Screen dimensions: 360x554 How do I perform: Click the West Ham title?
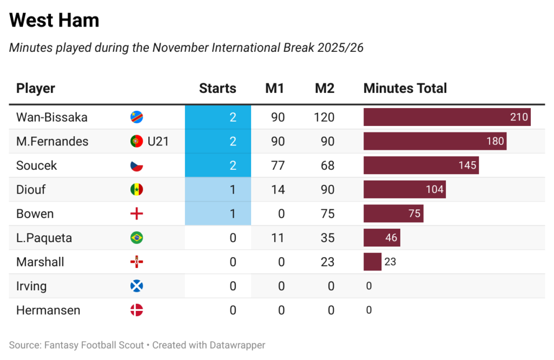(54, 21)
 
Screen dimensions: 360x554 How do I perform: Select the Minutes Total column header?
(405, 89)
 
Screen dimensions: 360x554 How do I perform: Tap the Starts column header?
(217, 89)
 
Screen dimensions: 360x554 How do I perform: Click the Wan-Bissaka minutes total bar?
(447, 117)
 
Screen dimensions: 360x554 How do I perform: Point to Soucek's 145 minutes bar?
(421, 165)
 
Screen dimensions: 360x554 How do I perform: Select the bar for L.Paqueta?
(381, 238)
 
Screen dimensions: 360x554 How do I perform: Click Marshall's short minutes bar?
(372, 262)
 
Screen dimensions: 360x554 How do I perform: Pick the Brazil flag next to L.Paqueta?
(137, 238)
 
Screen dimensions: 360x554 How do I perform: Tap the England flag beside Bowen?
(137, 214)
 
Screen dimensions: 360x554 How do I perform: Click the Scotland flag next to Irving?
(137, 286)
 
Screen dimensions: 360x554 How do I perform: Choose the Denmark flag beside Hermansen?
(137, 310)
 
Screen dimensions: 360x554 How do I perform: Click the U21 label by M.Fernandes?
(159, 142)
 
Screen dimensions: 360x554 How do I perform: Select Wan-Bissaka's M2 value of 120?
(325, 117)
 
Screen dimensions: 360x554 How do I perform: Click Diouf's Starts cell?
(218, 190)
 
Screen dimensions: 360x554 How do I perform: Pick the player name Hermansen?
(48, 310)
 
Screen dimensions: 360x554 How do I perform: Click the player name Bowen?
(35, 214)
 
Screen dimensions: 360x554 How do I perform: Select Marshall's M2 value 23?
(327, 262)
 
